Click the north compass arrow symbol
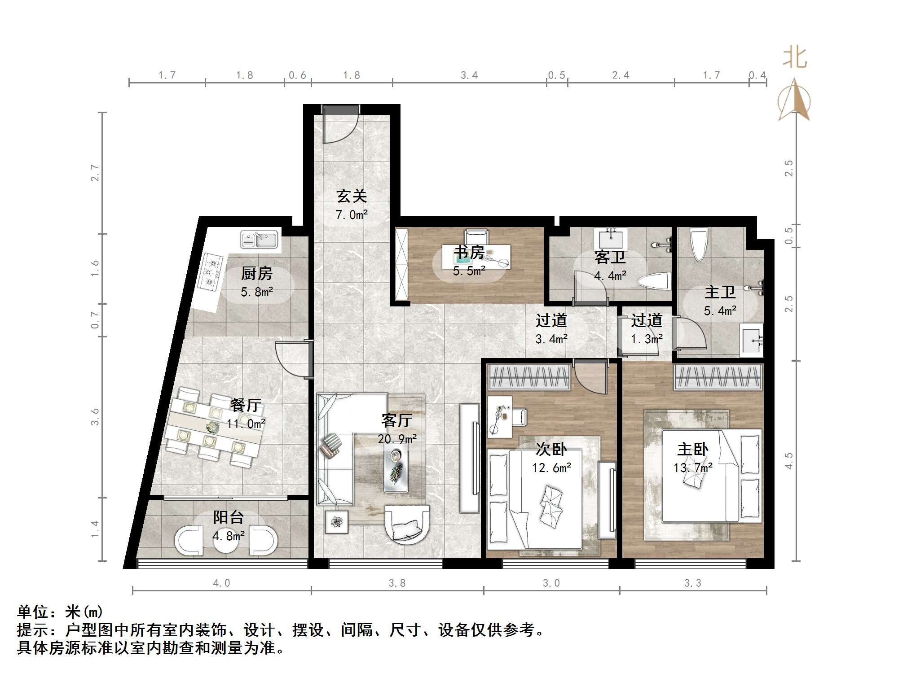[794, 101]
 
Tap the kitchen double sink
[259, 240]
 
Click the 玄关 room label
[352, 196]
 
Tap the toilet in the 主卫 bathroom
[699, 245]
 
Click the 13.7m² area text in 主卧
[692, 468]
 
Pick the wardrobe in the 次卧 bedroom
[529, 376]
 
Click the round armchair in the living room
[407, 524]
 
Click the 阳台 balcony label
[228, 517]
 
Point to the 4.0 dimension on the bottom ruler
[221, 583]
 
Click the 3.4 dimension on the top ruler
[469, 75]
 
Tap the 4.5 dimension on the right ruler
[788, 461]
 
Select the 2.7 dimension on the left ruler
[95, 173]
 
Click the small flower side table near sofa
[337, 522]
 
